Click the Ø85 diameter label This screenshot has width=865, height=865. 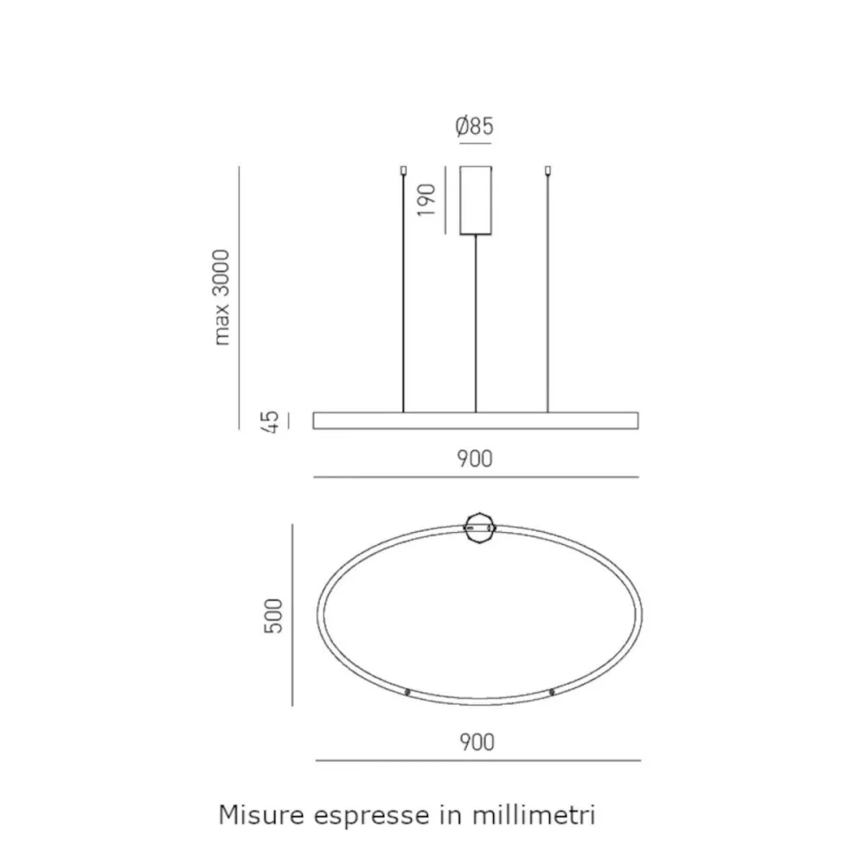click(x=475, y=126)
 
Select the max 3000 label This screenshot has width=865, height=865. click(x=222, y=297)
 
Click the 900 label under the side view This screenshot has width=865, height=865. click(x=475, y=458)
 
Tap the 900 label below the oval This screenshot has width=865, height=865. click(x=477, y=741)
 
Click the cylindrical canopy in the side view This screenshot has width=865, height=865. click(x=476, y=199)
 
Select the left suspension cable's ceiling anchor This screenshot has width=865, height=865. click(x=404, y=171)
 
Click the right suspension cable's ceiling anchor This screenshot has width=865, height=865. click(x=548, y=171)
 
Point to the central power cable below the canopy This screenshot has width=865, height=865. click(x=476, y=320)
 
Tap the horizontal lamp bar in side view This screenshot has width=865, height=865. click(x=476, y=420)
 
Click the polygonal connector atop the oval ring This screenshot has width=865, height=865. click(x=478, y=528)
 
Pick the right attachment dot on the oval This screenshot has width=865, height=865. click(x=551, y=692)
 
